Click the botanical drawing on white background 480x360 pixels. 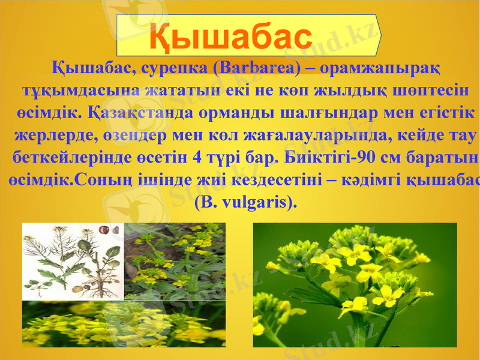pyautogui.click(x=72, y=261)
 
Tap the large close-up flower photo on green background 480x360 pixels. pyautogui.click(x=354, y=285)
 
